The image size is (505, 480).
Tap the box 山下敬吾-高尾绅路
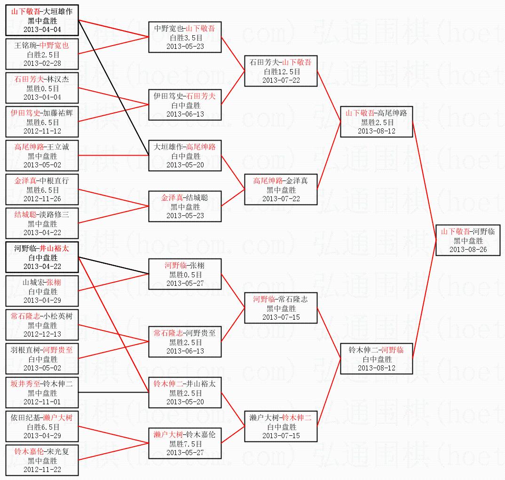(x=376, y=122)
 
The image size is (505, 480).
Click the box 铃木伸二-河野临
(x=376, y=359)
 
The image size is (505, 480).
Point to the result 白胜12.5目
(x=281, y=71)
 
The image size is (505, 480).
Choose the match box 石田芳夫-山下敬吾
(x=281, y=71)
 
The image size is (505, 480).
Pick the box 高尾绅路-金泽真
(x=281, y=189)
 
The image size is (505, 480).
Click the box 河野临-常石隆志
(x=281, y=308)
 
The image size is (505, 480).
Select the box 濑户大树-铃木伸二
(x=281, y=426)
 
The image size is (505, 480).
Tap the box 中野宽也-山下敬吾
(x=185, y=37)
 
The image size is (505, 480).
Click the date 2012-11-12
(x=42, y=131)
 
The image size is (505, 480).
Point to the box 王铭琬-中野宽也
(x=42, y=54)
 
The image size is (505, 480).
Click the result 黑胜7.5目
(x=185, y=443)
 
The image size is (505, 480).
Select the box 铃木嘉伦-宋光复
(x=42, y=460)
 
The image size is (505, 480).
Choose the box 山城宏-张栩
(x=42, y=291)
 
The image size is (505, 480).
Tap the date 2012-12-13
(x=42, y=334)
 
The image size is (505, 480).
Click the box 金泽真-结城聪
(x=185, y=206)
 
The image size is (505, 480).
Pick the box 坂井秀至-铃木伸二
(x=42, y=393)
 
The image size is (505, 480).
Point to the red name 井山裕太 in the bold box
(x=54, y=249)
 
